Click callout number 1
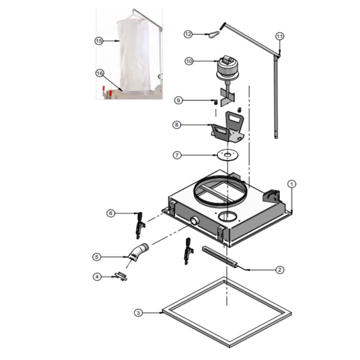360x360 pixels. point(291,184)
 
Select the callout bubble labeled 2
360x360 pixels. point(279,270)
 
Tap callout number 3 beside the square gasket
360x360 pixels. point(138,312)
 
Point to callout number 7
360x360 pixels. point(177,155)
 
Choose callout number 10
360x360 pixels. point(189,61)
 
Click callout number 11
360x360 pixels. point(280,36)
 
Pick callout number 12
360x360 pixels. point(188,34)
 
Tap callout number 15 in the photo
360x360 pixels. point(99,41)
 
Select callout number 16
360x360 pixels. point(100,73)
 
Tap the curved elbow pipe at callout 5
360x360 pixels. point(139,252)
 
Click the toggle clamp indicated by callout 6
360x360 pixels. point(140,225)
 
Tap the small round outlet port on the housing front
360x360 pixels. point(195,221)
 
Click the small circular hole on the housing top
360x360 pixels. point(228,216)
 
